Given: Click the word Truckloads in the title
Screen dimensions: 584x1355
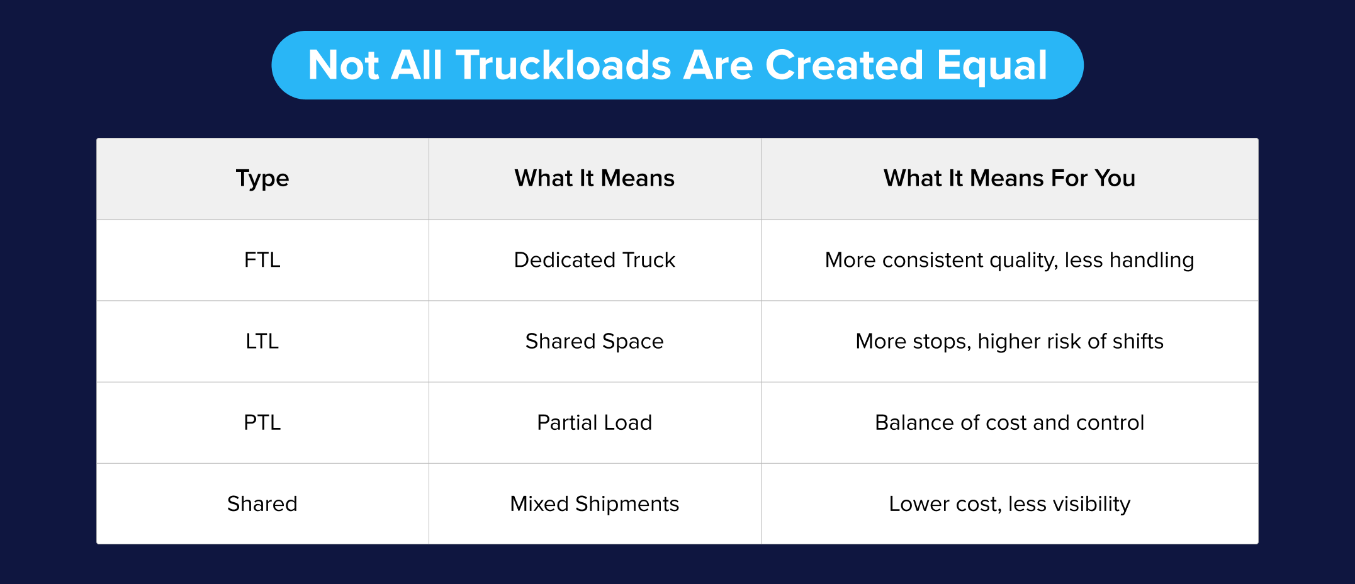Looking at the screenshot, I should [x=564, y=65].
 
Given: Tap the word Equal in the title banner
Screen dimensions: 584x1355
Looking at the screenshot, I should [x=992, y=65].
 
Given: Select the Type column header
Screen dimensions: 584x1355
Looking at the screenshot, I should [x=262, y=179].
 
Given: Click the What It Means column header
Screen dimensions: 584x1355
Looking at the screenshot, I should [x=595, y=179].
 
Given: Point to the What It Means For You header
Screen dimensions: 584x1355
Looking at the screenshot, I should [x=1009, y=179].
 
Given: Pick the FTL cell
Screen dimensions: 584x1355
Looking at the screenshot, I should [x=262, y=260].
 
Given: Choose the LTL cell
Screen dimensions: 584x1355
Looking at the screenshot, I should [x=262, y=341].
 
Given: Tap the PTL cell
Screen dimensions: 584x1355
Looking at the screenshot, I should [x=262, y=422].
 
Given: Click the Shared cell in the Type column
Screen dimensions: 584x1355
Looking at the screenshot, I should [x=262, y=504].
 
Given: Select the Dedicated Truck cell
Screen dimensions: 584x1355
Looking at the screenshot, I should [x=595, y=260].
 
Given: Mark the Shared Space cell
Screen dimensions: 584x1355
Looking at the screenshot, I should [x=595, y=341].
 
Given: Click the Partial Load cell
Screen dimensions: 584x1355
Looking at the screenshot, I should [x=595, y=422].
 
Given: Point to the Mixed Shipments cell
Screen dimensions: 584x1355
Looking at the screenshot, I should [x=595, y=504].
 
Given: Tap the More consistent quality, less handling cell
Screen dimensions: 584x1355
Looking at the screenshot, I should [x=1009, y=260].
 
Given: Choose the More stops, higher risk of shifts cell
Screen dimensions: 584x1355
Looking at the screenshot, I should [x=1009, y=341].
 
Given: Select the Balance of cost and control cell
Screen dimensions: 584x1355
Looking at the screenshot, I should [x=1009, y=422].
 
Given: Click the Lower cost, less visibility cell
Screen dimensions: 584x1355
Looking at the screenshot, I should [x=1009, y=504].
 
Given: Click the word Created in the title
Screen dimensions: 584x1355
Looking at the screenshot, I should [x=844, y=65].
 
